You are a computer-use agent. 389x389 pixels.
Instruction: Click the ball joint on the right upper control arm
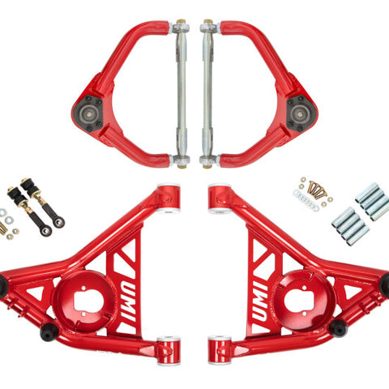[301, 113]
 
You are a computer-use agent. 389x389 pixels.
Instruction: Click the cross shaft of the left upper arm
[182, 93]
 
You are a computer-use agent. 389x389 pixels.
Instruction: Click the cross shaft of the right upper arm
[207, 93]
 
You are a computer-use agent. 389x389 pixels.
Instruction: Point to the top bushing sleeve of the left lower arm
[169, 198]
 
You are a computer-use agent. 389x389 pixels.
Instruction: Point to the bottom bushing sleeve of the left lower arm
[169, 350]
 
